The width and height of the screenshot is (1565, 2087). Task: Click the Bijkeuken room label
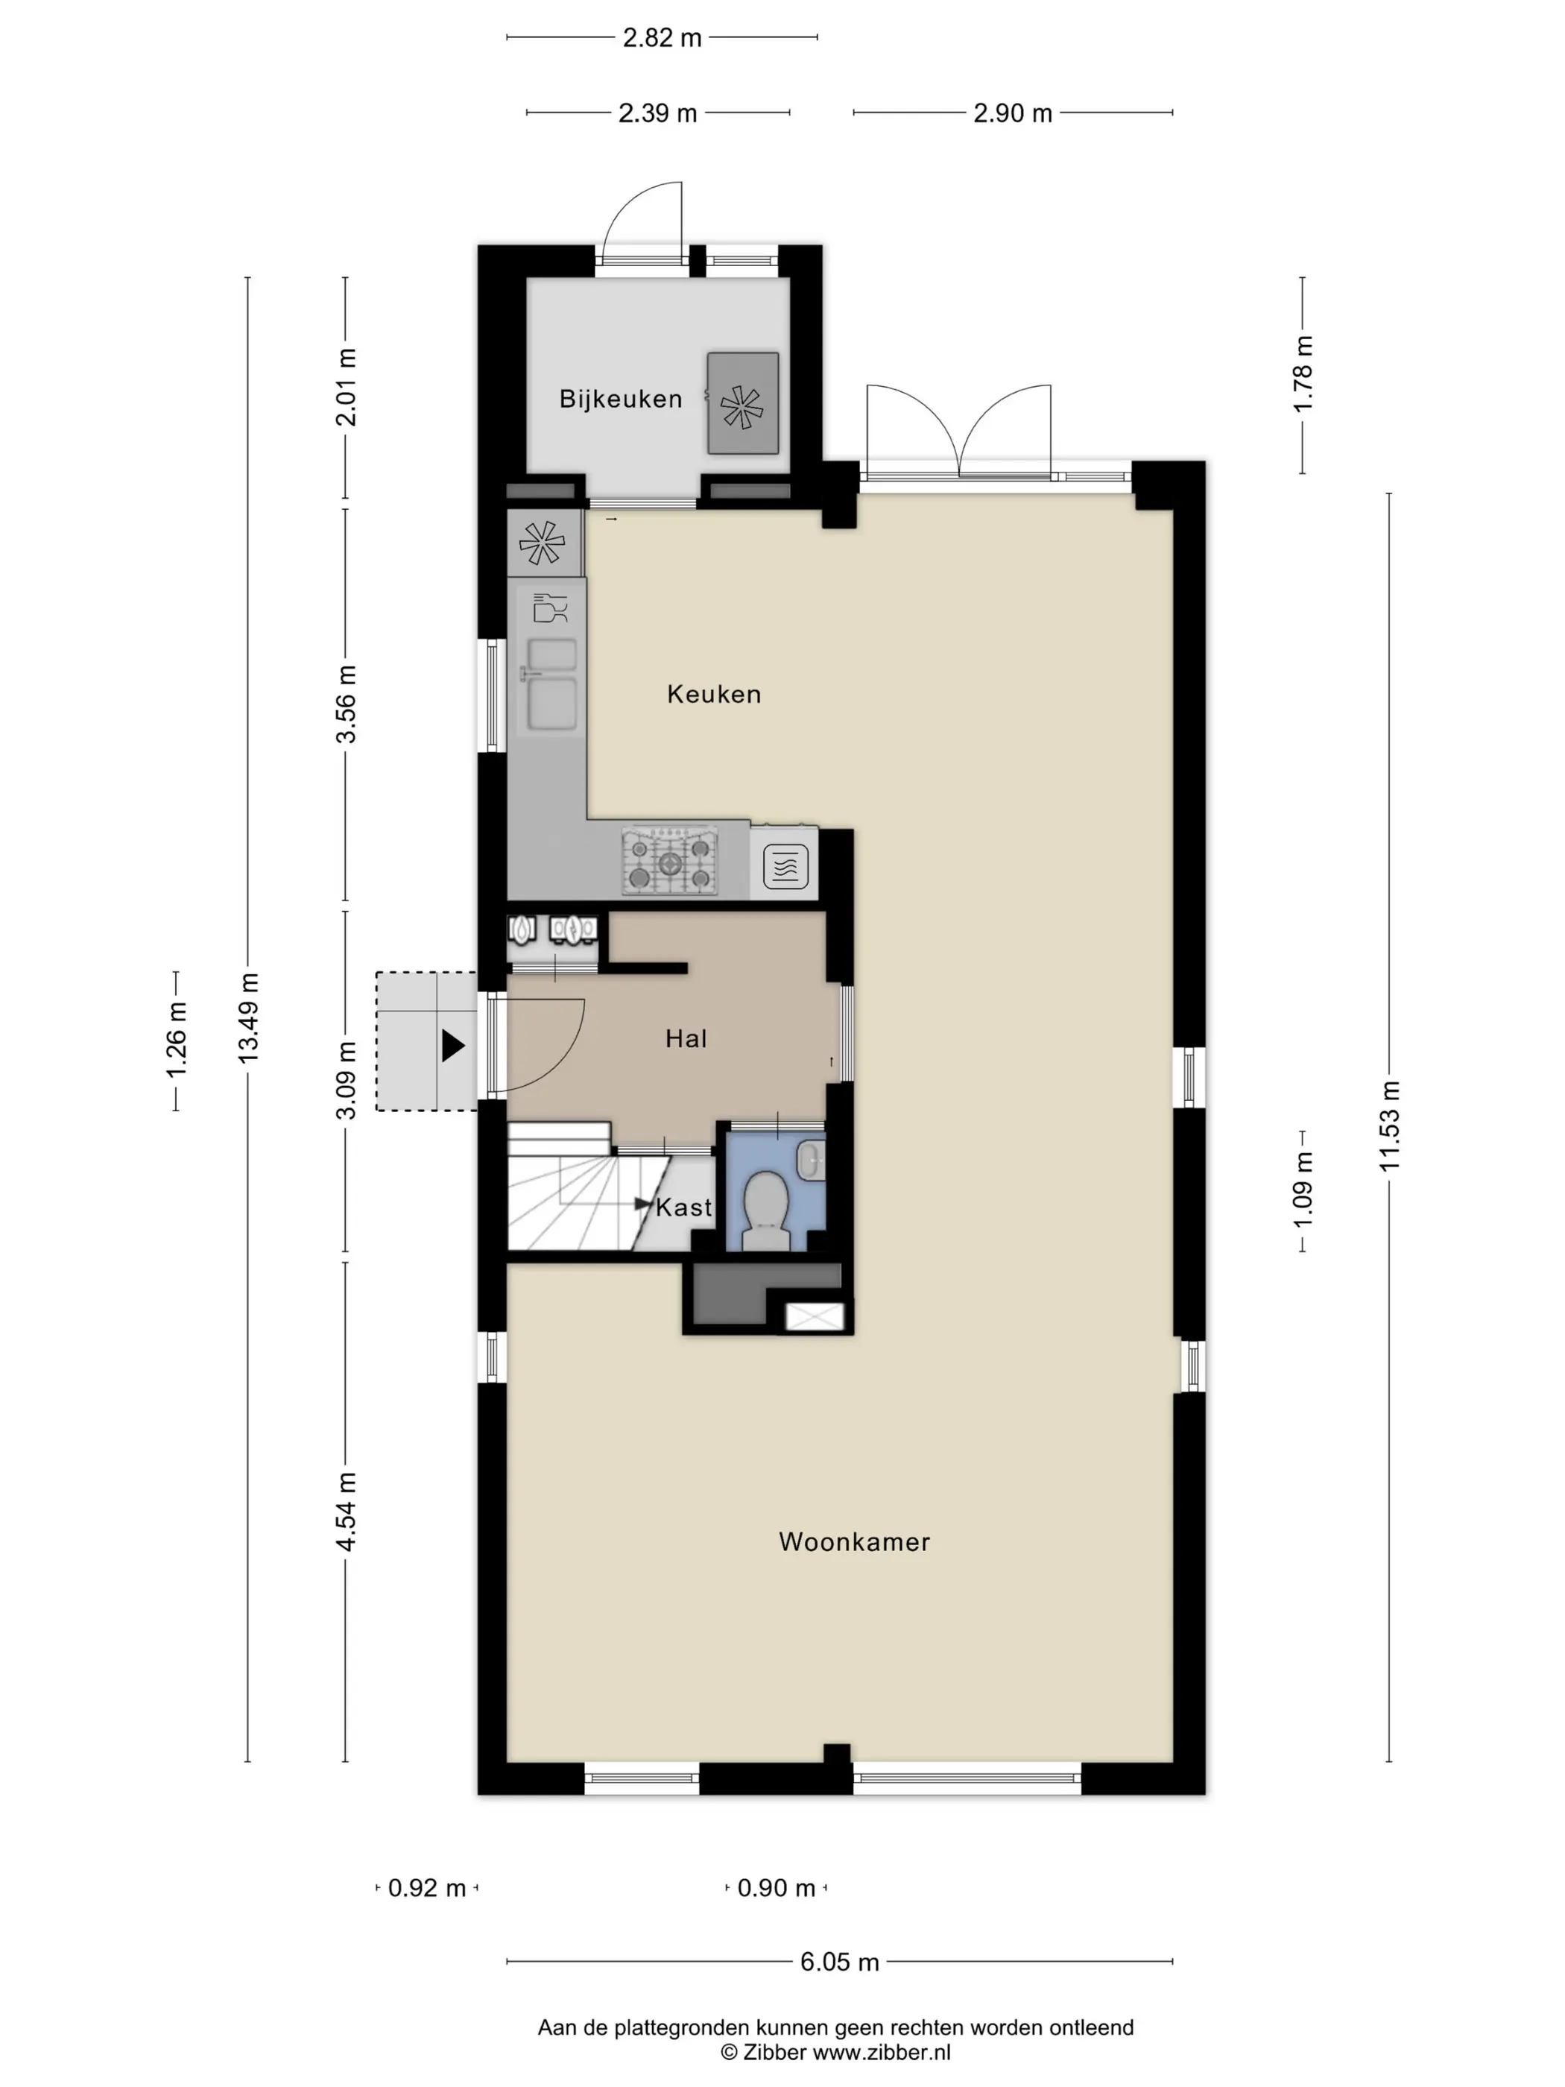click(620, 399)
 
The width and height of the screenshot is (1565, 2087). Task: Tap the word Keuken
click(713, 695)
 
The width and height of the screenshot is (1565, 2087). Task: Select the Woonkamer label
click(854, 1541)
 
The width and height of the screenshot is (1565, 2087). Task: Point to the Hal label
click(686, 1039)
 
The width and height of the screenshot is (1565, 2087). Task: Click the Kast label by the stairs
click(684, 1207)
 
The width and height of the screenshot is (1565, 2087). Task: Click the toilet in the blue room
click(766, 1210)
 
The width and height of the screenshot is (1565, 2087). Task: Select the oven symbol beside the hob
click(785, 864)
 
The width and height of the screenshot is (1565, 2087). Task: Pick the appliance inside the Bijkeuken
click(742, 403)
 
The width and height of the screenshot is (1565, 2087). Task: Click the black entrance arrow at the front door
click(454, 1046)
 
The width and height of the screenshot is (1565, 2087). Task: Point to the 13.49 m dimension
click(248, 1018)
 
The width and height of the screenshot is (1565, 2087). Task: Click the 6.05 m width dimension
click(840, 1962)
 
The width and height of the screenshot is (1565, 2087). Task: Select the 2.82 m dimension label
click(663, 38)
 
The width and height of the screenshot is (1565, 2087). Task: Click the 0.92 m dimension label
click(427, 1888)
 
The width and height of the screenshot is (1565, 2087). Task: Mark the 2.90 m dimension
click(1012, 113)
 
